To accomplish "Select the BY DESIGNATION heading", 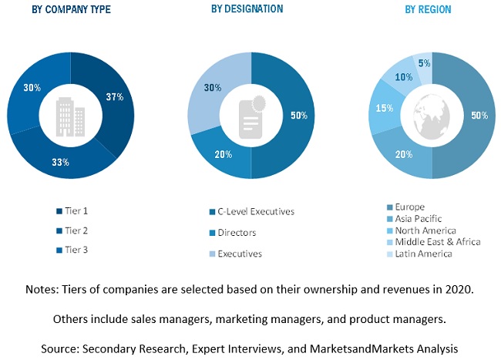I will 247,8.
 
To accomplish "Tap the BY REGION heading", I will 428,10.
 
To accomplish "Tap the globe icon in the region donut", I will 432,116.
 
